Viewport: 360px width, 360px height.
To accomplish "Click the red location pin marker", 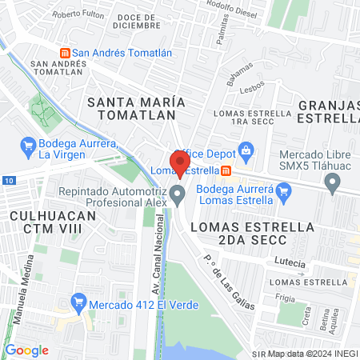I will point(179,162).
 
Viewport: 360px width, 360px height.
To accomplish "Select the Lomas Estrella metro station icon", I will point(226,170).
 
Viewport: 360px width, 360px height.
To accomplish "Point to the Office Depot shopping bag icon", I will point(246,150).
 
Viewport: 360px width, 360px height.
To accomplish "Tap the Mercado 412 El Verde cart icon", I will point(78,302).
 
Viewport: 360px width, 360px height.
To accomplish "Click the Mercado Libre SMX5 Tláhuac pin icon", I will point(333,185).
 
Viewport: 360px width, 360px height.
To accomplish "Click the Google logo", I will point(27,350).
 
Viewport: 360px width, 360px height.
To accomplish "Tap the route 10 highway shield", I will point(7,182).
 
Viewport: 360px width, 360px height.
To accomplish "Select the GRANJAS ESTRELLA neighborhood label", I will point(328,112).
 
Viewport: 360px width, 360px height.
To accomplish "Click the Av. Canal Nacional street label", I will point(147,256).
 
